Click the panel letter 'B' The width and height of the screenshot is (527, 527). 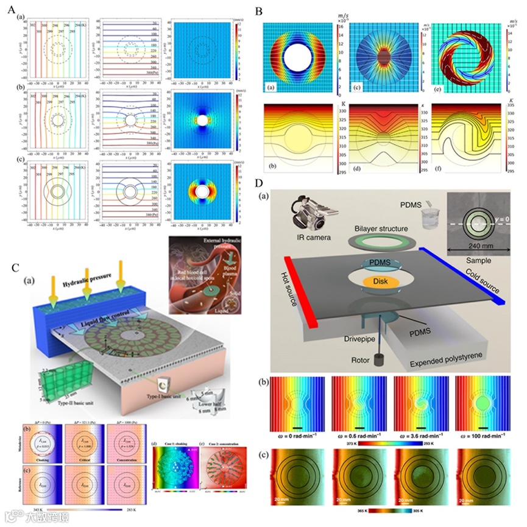click(259, 12)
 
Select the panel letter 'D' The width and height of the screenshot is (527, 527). click(259, 183)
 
